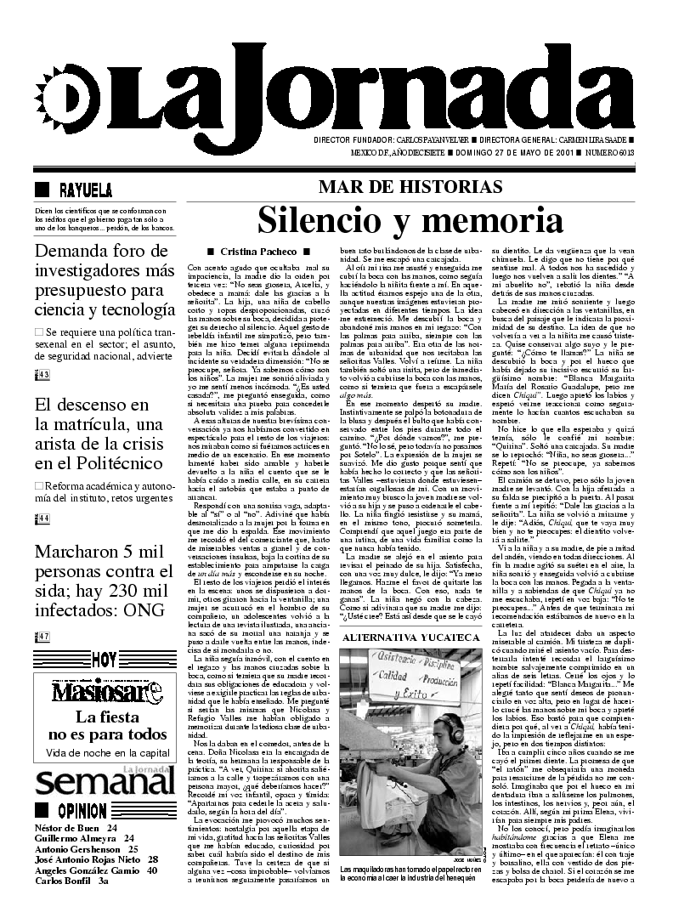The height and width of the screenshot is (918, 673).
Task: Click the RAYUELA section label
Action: (x=85, y=190)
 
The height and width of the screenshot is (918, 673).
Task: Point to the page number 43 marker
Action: (x=42, y=375)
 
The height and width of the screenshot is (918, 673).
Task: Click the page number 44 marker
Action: (x=42, y=518)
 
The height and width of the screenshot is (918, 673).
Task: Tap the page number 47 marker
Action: (x=42, y=660)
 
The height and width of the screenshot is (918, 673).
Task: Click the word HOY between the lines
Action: (x=104, y=683)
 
